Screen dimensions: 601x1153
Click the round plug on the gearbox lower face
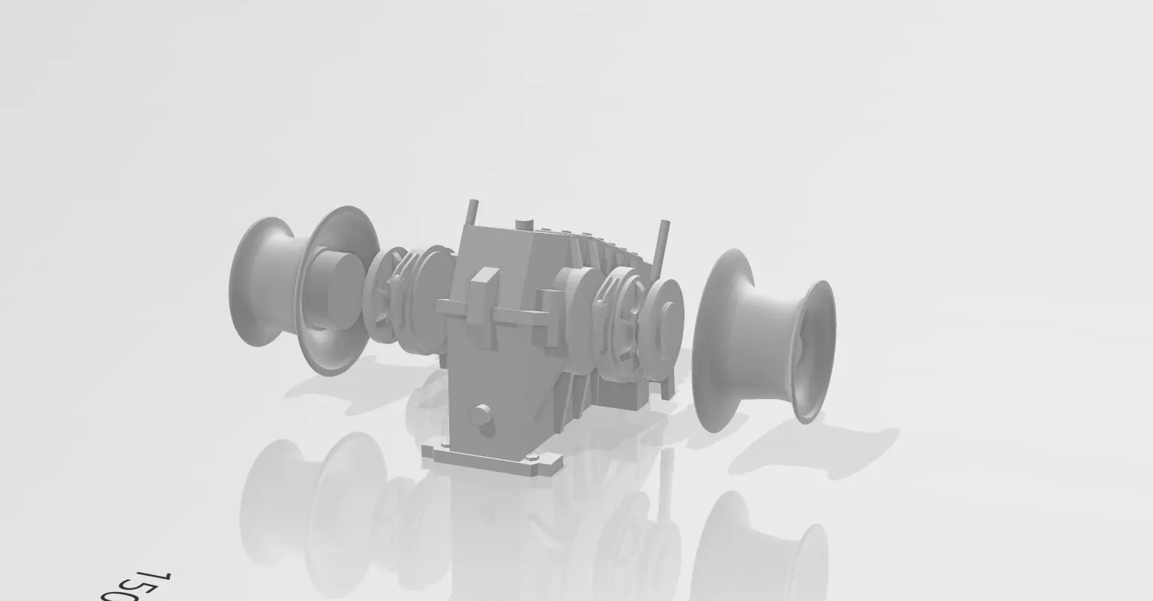pyautogui.click(x=482, y=416)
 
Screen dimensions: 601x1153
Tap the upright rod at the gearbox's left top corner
pyautogui.click(x=471, y=212)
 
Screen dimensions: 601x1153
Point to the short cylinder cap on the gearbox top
pyautogui.click(x=525, y=223)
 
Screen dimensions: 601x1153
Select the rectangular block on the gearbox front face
pyautogui.click(x=484, y=285)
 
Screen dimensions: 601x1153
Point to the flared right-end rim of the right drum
pyautogui.click(x=817, y=352)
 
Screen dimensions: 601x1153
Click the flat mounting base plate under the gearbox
pyautogui.click(x=494, y=460)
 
